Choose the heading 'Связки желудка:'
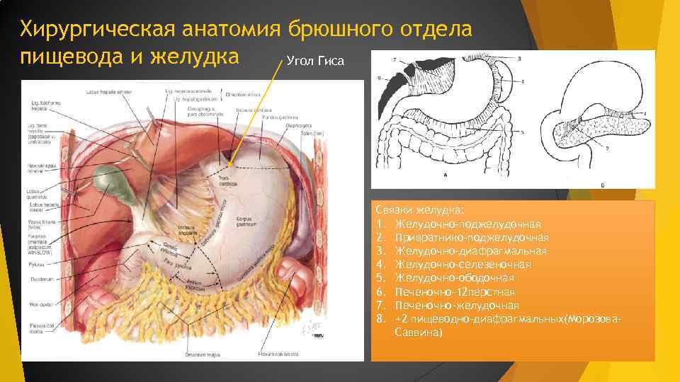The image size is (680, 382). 420,210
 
